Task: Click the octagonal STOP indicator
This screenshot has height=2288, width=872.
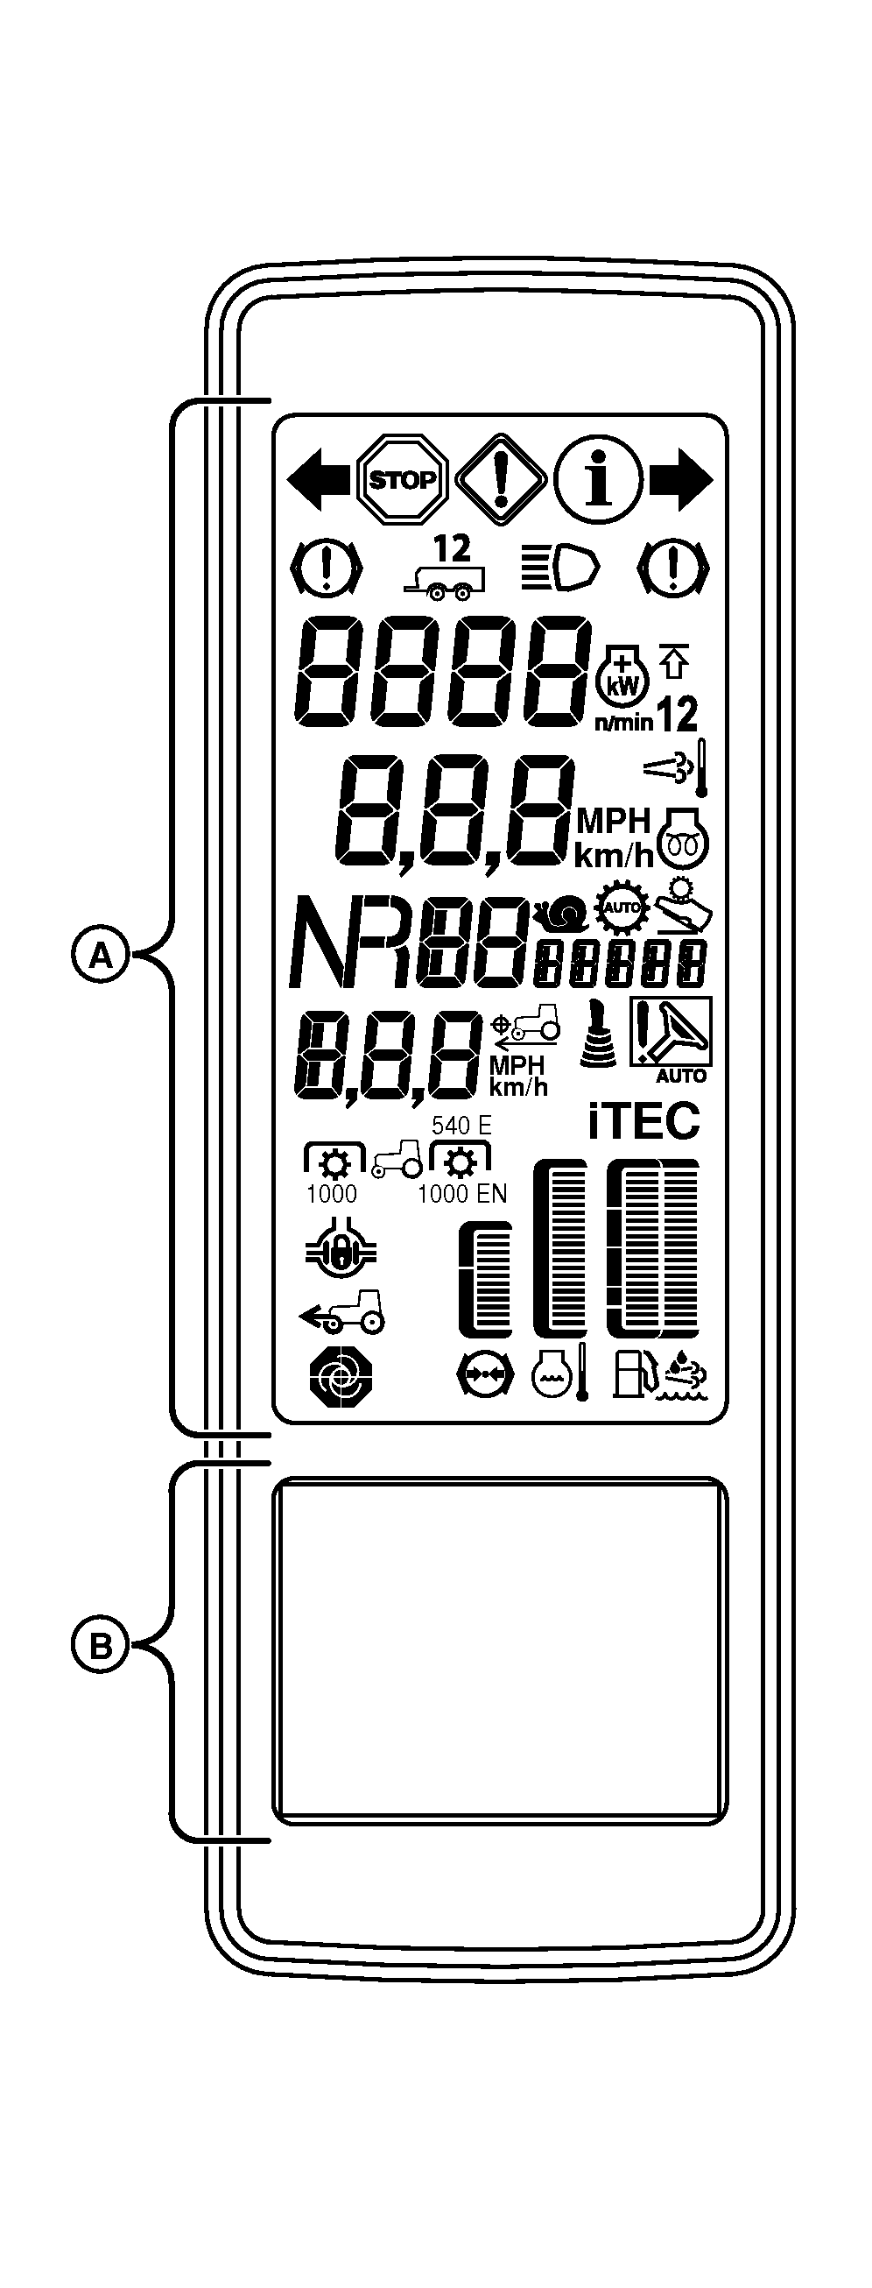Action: [x=402, y=481]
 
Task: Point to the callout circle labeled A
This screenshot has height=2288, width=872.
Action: [x=101, y=956]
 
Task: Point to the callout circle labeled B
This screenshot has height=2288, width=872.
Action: [x=101, y=1646]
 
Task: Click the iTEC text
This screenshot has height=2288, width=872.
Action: [x=643, y=1121]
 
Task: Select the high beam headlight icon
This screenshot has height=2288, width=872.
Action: [x=559, y=568]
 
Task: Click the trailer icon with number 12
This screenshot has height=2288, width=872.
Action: [x=446, y=566]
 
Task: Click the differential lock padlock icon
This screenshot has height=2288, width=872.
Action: [x=339, y=1253]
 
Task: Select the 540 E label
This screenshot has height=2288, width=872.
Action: [x=461, y=1126]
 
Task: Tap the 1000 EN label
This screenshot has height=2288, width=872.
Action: [x=461, y=1194]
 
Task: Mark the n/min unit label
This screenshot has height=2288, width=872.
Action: [x=623, y=720]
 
